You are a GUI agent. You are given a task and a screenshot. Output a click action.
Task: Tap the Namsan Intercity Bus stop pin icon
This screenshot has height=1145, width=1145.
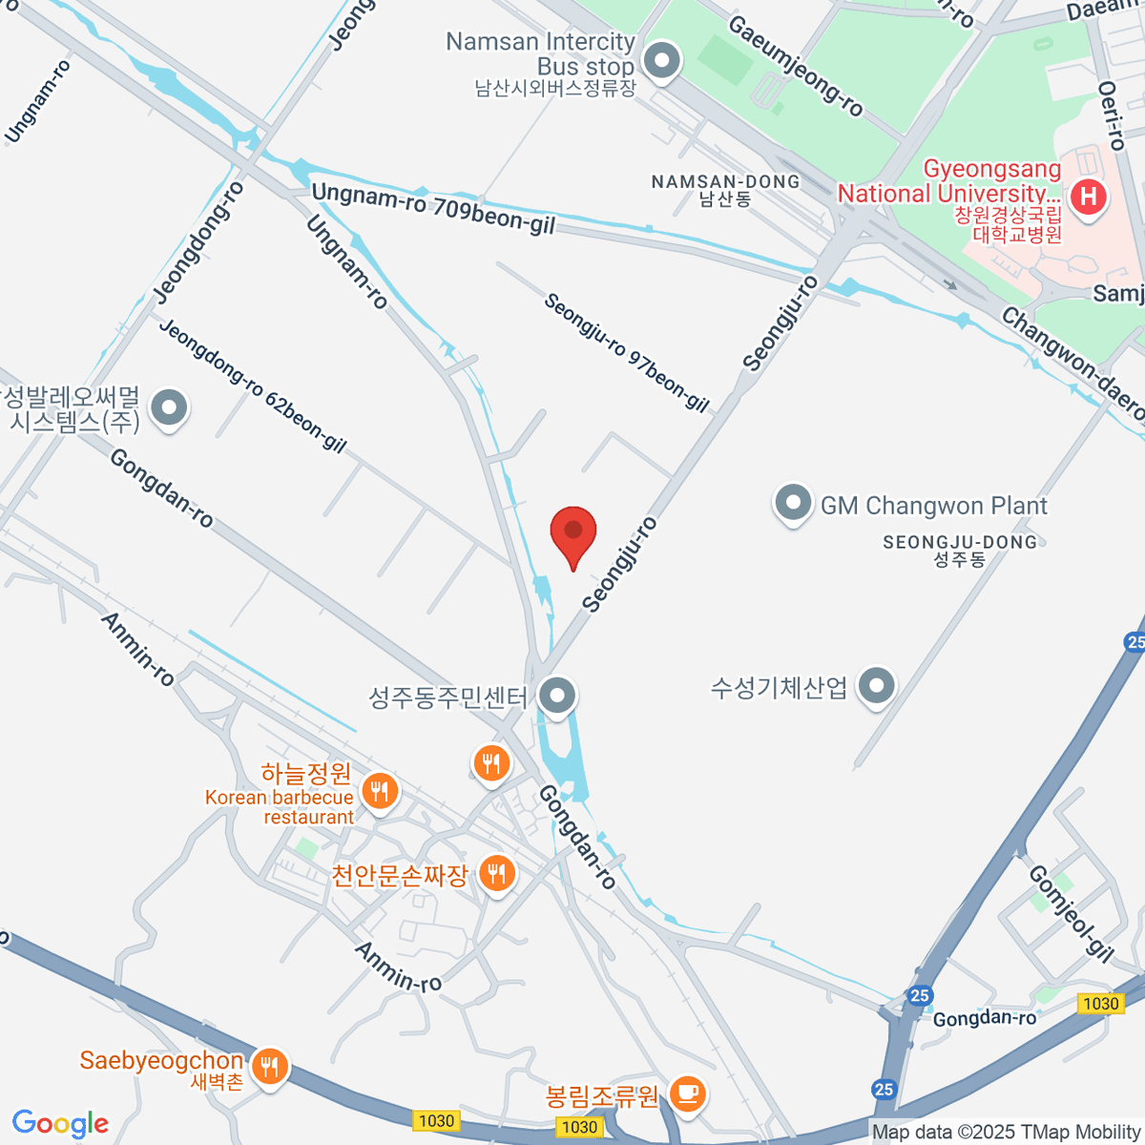pyautogui.click(x=660, y=63)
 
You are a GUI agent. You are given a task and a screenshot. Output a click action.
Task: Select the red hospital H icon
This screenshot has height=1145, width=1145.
pyautogui.click(x=1088, y=198)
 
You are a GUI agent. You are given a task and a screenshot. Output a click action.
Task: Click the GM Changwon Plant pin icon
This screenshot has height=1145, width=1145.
pyautogui.click(x=792, y=504)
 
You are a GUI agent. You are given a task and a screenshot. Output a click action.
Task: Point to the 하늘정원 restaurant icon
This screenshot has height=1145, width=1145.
pyautogui.click(x=380, y=791)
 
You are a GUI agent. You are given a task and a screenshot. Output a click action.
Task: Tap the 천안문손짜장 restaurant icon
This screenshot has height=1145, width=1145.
pyautogui.click(x=495, y=872)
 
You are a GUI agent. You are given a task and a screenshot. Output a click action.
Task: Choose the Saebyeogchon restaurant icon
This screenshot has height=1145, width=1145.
pyautogui.click(x=271, y=1065)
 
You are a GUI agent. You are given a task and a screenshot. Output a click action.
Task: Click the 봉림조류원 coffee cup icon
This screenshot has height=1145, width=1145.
pyautogui.click(x=686, y=1092)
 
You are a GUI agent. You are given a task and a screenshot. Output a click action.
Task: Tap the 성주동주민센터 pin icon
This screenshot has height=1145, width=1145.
pyautogui.click(x=556, y=696)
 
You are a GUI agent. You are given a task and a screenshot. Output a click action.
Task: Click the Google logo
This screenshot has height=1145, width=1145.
pyautogui.click(x=60, y=1124)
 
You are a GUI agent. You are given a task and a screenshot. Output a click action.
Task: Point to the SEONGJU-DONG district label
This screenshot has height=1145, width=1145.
pyautogui.click(x=959, y=542)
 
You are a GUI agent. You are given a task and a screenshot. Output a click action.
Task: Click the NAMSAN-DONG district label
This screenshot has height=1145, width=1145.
pyautogui.click(x=725, y=181)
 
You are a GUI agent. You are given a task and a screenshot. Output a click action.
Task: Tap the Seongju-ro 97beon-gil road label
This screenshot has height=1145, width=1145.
pyautogui.click(x=626, y=352)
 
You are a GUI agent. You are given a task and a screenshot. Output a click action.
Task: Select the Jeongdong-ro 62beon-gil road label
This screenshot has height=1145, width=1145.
pyautogui.click(x=252, y=385)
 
